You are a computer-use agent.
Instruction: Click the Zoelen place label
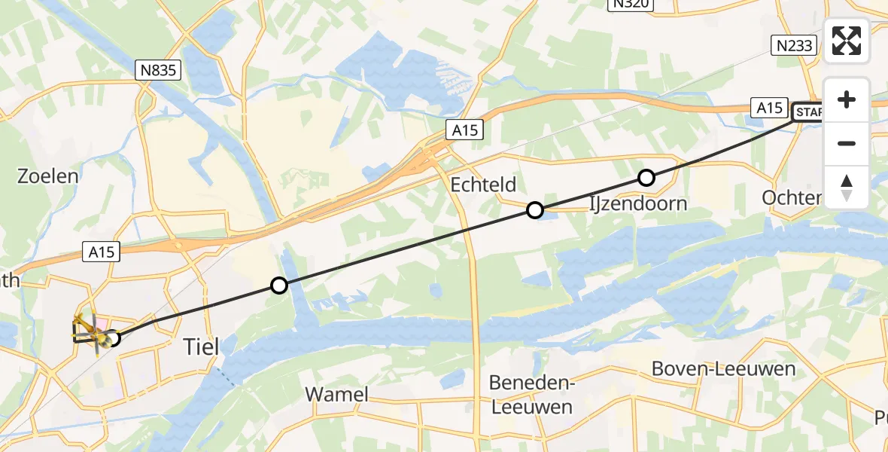point(48,176)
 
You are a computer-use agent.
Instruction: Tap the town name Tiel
point(202,347)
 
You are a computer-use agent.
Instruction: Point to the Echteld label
point(483,185)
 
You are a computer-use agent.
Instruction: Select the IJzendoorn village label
point(638,203)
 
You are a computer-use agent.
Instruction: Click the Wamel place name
point(336,394)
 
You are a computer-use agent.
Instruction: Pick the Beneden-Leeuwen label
point(531,395)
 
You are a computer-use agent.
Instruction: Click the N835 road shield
point(159,71)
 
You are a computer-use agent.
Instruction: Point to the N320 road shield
point(629,5)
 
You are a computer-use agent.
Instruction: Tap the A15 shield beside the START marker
point(770,108)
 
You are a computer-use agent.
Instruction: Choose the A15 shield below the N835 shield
point(100,252)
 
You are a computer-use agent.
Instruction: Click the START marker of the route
point(808,113)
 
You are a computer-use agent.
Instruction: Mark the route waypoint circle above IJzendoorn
point(646,178)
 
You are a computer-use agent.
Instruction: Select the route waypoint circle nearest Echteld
point(534,210)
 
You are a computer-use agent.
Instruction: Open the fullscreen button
point(847,41)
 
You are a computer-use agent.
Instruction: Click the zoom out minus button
point(847,143)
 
